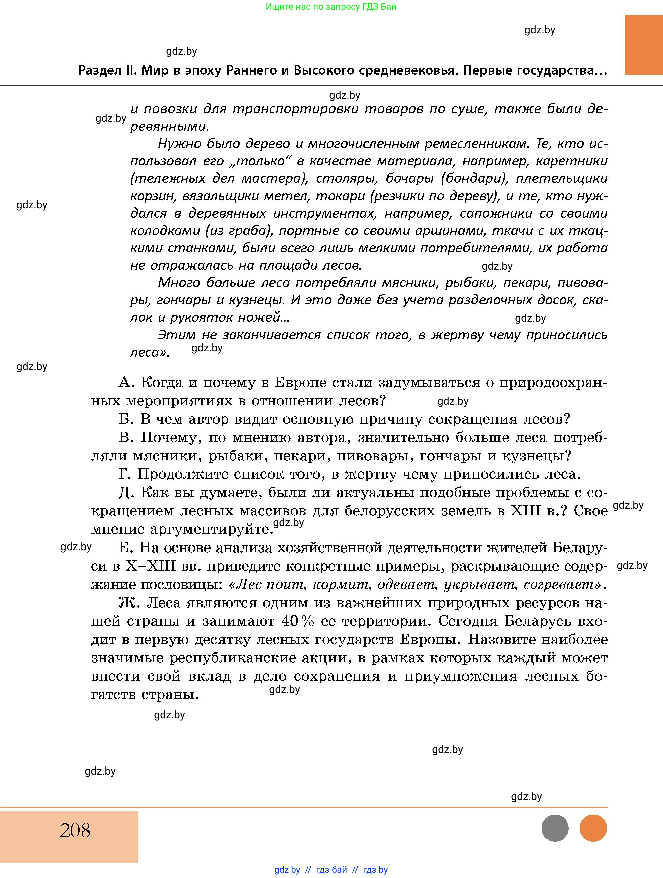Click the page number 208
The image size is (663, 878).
(x=75, y=830)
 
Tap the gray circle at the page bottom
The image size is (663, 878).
(x=555, y=828)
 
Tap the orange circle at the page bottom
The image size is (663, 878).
(x=593, y=828)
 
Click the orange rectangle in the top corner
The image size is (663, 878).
(x=644, y=45)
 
